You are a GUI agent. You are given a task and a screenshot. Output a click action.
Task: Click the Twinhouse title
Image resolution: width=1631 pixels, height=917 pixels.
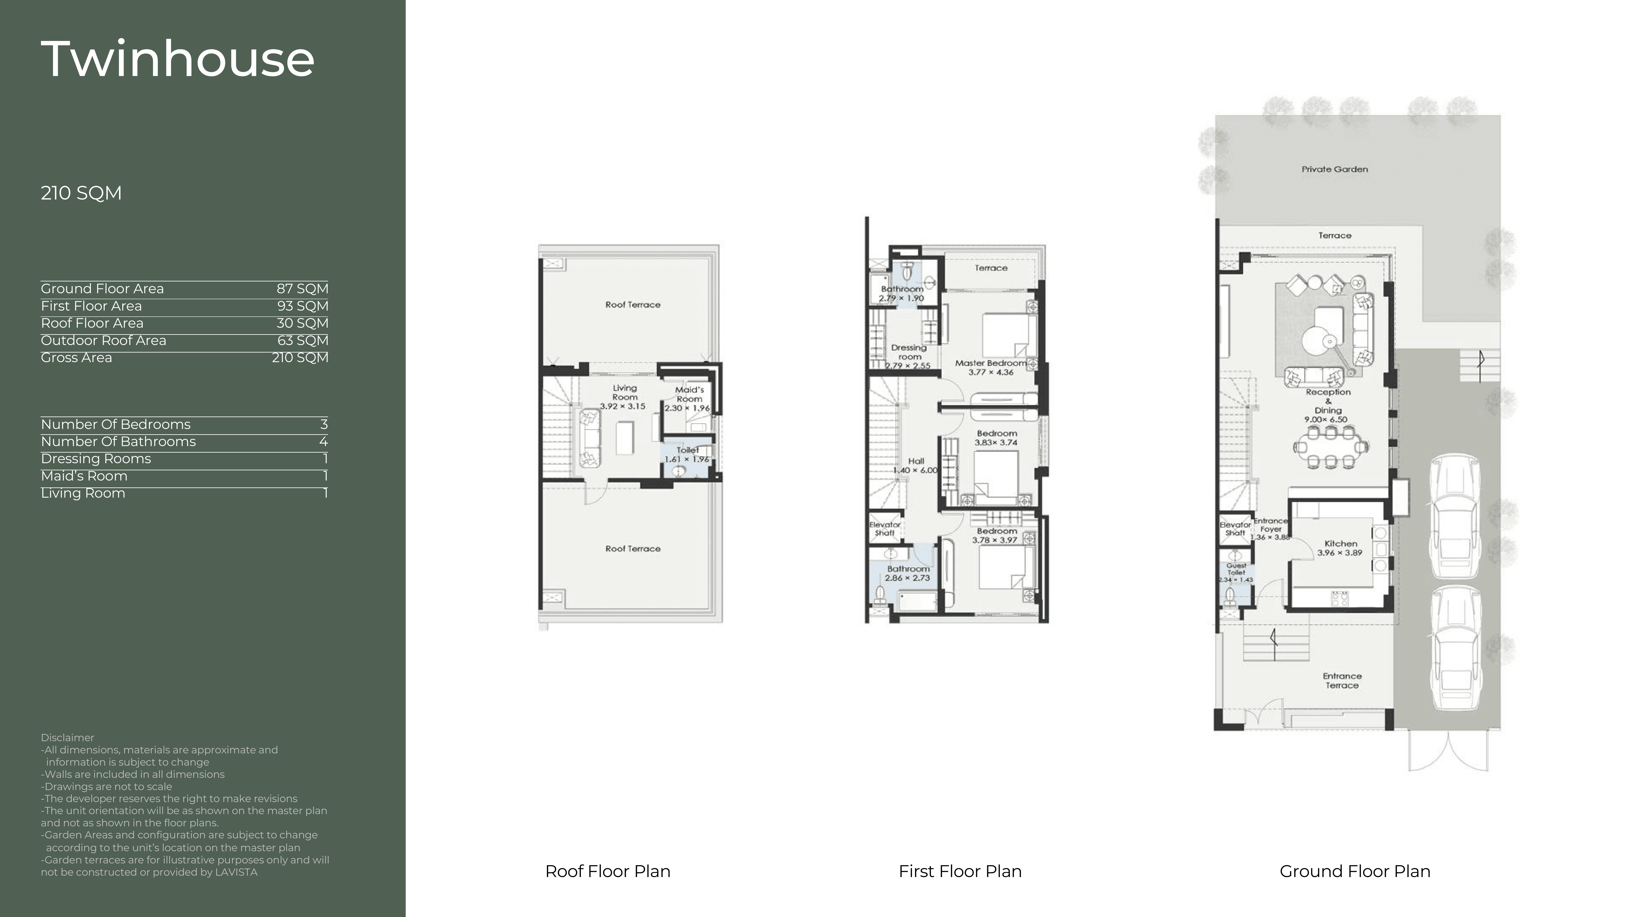pyautogui.click(x=178, y=59)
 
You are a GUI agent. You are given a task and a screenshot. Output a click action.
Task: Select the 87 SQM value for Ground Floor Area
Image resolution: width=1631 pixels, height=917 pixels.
pyautogui.click(x=302, y=289)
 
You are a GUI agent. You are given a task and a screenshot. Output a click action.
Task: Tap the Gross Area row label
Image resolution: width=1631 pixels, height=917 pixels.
pyautogui.click(x=76, y=358)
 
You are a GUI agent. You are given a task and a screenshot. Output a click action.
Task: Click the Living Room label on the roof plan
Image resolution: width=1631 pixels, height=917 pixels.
pyautogui.click(x=624, y=392)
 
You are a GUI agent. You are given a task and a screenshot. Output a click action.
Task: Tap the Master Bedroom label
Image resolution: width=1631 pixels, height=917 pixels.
pyautogui.click(x=991, y=363)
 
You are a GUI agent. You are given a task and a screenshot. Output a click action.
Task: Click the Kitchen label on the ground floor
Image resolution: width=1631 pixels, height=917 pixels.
pyautogui.click(x=1340, y=544)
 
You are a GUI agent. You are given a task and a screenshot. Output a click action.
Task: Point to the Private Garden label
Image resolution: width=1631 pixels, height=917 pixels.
pyautogui.click(x=1335, y=169)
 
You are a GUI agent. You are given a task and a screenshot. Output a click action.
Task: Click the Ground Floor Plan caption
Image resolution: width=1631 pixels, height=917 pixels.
pyautogui.click(x=1355, y=871)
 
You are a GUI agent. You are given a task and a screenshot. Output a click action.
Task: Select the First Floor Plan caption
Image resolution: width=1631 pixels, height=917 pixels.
pyautogui.click(x=960, y=871)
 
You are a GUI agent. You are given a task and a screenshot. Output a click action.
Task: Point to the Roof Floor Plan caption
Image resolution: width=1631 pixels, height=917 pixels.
pyautogui.click(x=608, y=871)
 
